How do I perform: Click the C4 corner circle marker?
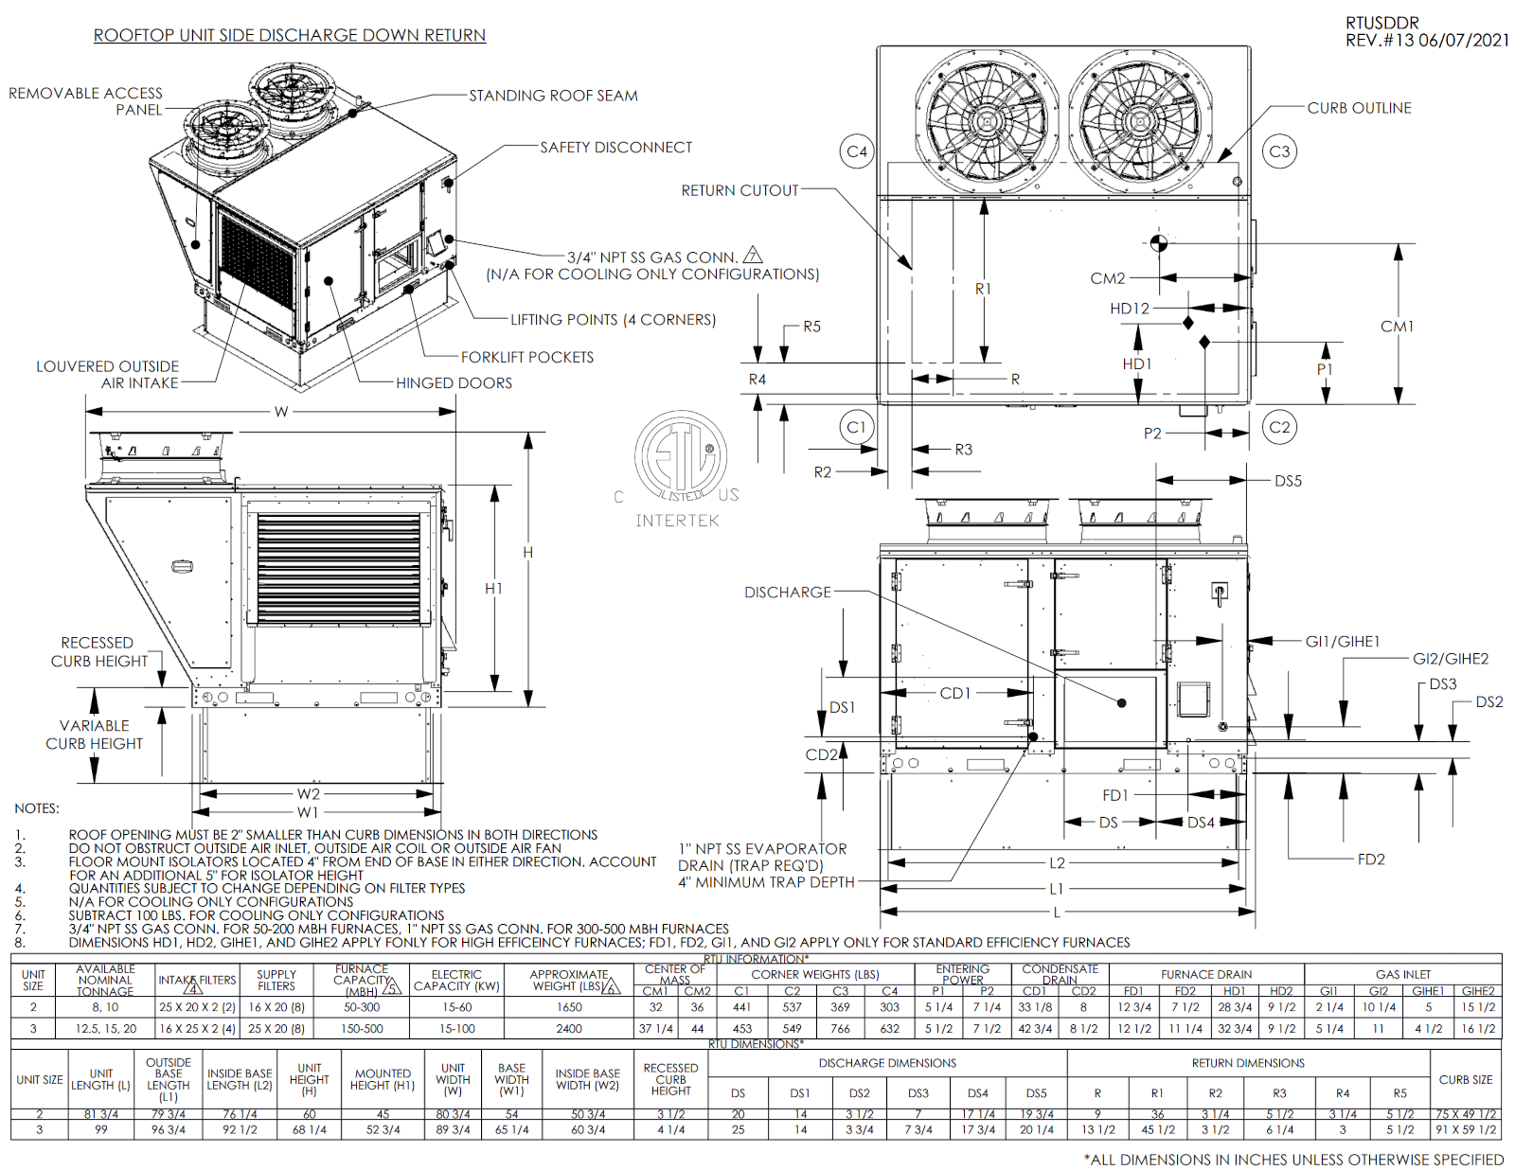857,151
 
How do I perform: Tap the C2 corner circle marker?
1279,427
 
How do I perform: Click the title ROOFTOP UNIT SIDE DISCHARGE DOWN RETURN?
289,36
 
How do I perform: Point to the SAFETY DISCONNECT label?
615,148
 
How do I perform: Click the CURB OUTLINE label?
1359,108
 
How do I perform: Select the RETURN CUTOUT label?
740,190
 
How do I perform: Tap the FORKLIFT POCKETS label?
527,357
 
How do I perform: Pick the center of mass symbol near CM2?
1158,242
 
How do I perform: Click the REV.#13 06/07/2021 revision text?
1427,40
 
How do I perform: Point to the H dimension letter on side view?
527,552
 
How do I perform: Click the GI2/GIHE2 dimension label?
1450,659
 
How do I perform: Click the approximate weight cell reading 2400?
569,1028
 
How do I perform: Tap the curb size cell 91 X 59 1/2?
1466,1129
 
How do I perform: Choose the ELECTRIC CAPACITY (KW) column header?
456,980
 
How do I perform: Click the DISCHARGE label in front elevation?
787,593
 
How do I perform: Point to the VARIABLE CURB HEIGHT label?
94,735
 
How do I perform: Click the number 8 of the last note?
20,943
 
